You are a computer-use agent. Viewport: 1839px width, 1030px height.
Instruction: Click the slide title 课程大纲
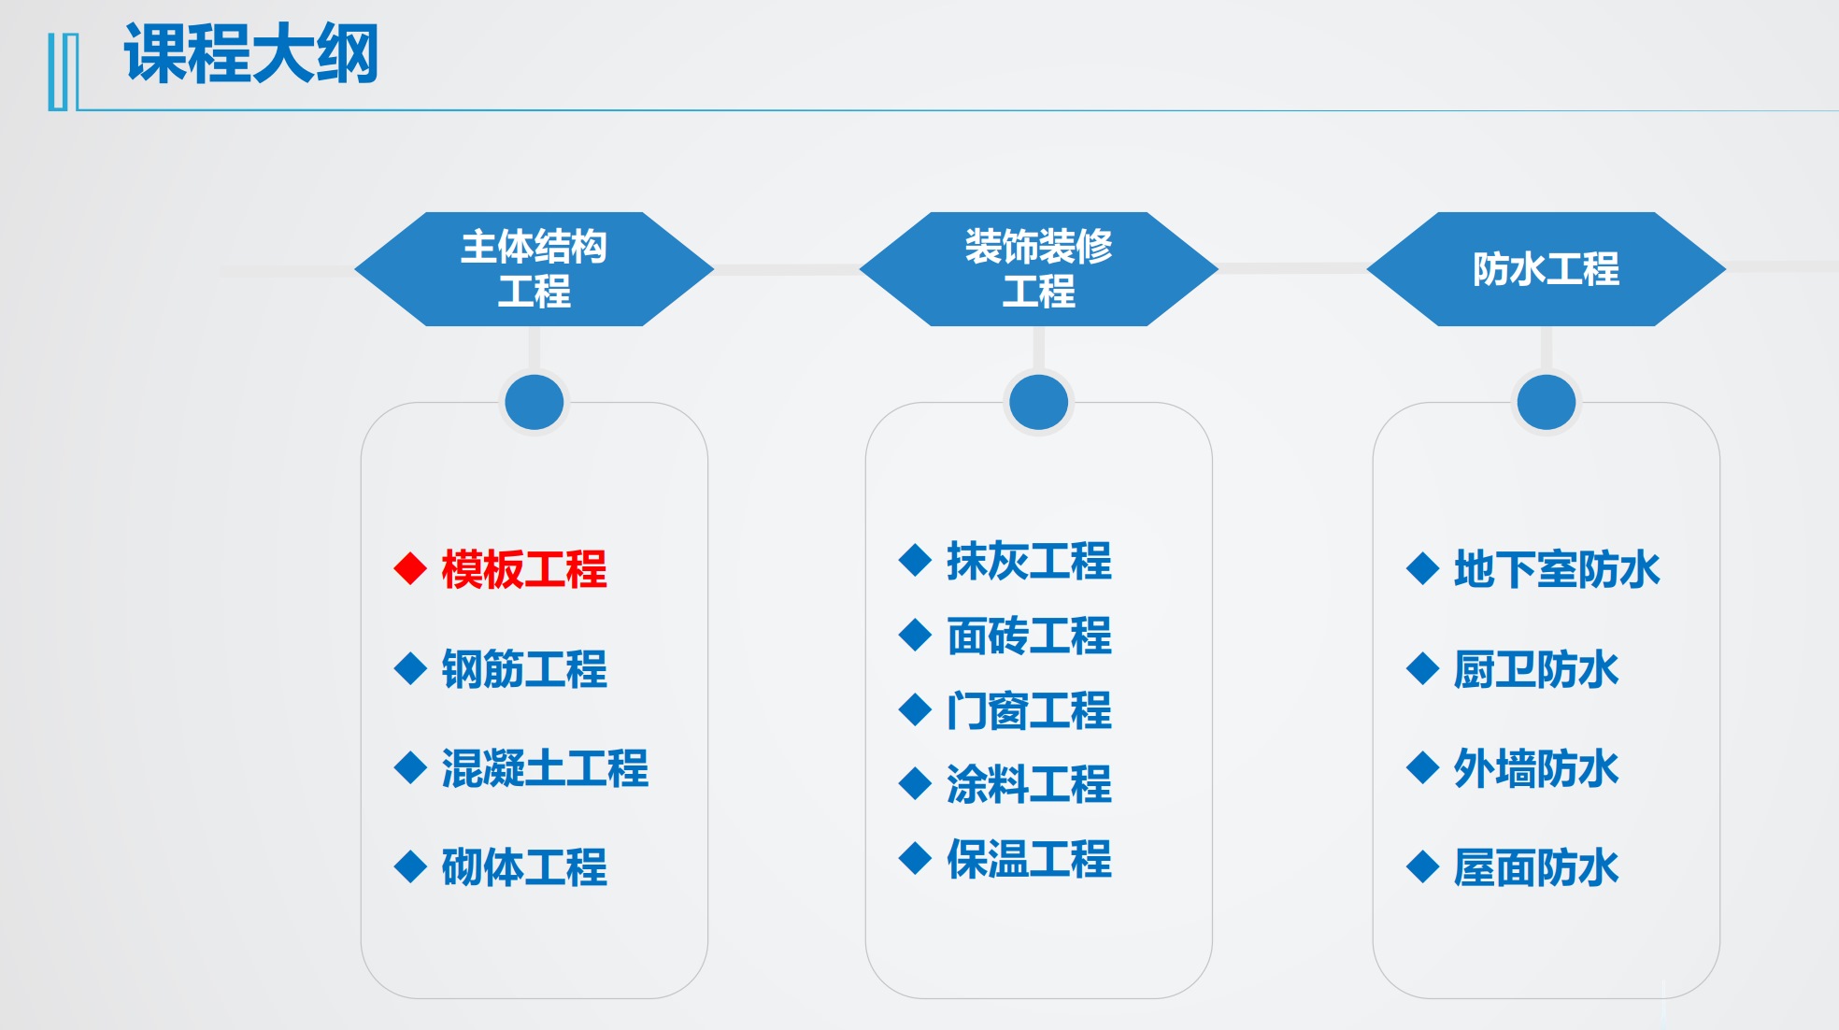(250, 54)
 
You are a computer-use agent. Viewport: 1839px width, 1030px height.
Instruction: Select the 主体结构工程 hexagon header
(534, 269)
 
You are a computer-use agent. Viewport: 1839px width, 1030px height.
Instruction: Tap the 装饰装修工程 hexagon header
(1038, 269)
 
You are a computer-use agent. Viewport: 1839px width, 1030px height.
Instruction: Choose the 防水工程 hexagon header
(1546, 269)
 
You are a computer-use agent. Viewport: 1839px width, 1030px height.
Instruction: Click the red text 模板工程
(524, 569)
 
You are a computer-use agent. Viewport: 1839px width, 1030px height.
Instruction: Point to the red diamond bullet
(410, 568)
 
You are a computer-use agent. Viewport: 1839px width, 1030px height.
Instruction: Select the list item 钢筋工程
(524, 669)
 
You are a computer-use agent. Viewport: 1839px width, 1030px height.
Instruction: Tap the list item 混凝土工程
(545, 768)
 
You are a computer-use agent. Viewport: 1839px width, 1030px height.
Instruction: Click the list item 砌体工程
(524, 867)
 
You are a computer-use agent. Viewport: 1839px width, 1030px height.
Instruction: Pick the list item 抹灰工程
(1029, 562)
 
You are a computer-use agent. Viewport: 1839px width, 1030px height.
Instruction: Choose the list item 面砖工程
(1029, 637)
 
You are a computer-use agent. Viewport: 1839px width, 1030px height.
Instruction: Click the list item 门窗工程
(1029, 710)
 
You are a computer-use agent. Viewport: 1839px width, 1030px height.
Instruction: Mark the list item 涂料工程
(1029, 784)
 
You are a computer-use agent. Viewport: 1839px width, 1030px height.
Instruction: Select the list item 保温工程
(1029, 859)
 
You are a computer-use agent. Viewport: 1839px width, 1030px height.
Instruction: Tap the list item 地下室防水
(1557, 569)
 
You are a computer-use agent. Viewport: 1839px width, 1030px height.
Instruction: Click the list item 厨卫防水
(1536, 669)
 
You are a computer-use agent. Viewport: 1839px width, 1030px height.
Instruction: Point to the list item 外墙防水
(1536, 768)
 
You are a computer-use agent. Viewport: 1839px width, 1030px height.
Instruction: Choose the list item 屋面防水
(1536, 867)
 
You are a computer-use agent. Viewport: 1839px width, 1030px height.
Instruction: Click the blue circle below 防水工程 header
(1547, 402)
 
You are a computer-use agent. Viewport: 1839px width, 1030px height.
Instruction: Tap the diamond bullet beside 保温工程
(915, 858)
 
